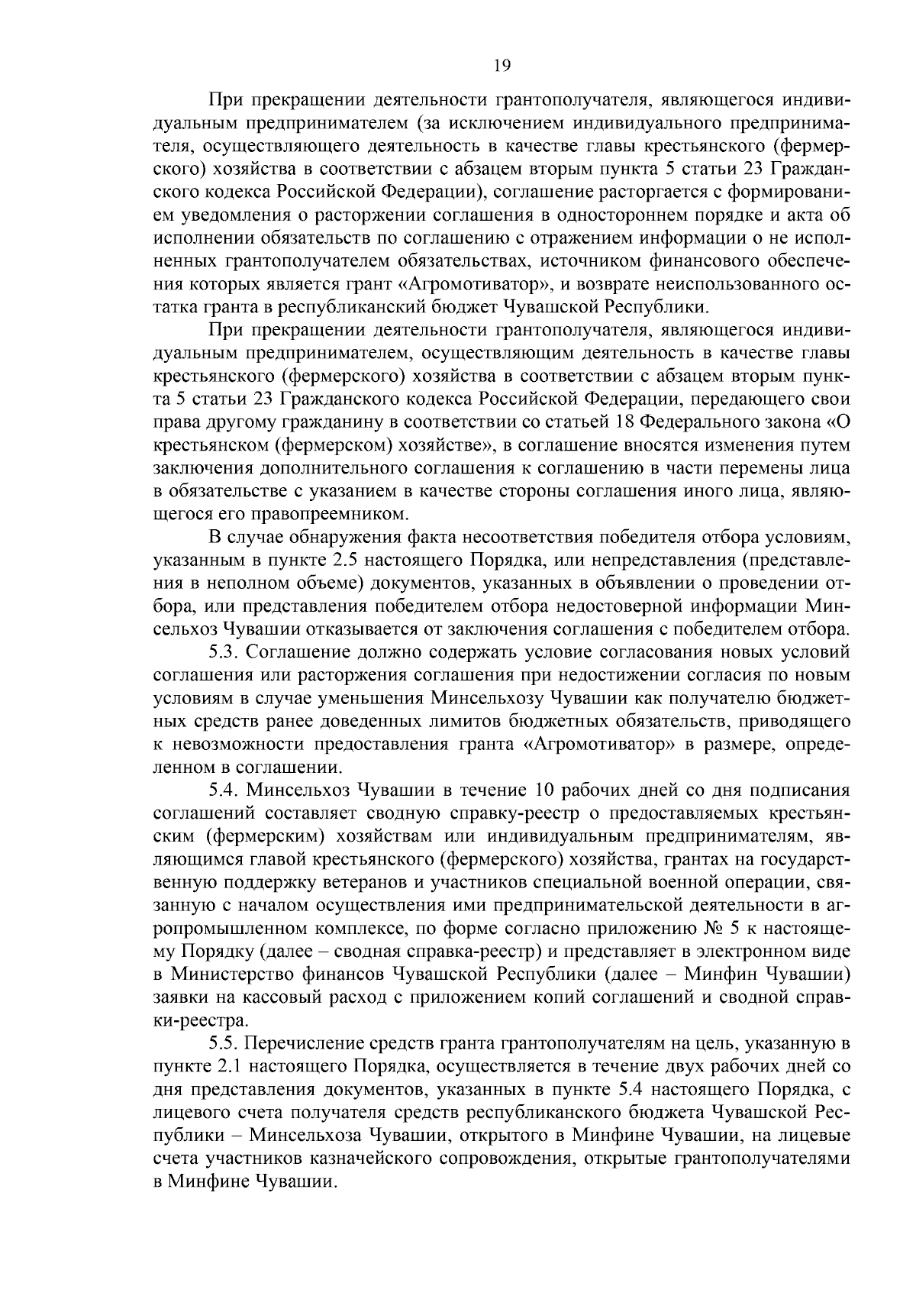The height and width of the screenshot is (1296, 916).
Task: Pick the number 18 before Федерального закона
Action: pyautogui.click(x=625, y=422)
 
